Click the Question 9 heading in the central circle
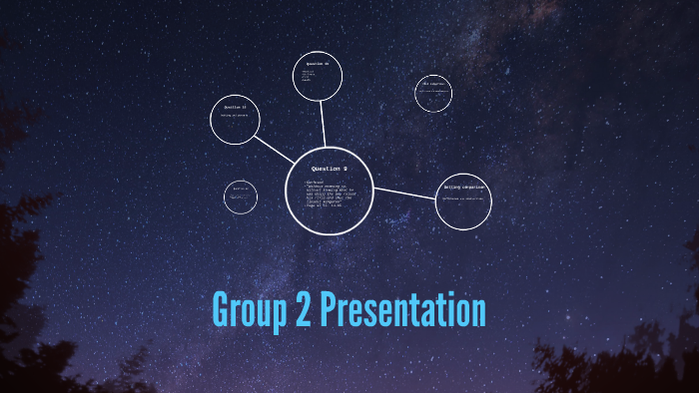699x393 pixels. [330, 169]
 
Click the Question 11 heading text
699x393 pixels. [235, 107]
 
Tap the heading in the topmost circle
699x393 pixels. [318, 65]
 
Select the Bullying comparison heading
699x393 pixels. [463, 187]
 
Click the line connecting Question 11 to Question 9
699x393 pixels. [274, 150]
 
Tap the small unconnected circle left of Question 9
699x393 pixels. [241, 196]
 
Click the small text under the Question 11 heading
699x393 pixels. [236, 117]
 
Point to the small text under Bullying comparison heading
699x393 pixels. [462, 197]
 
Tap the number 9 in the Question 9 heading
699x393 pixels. [345, 169]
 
